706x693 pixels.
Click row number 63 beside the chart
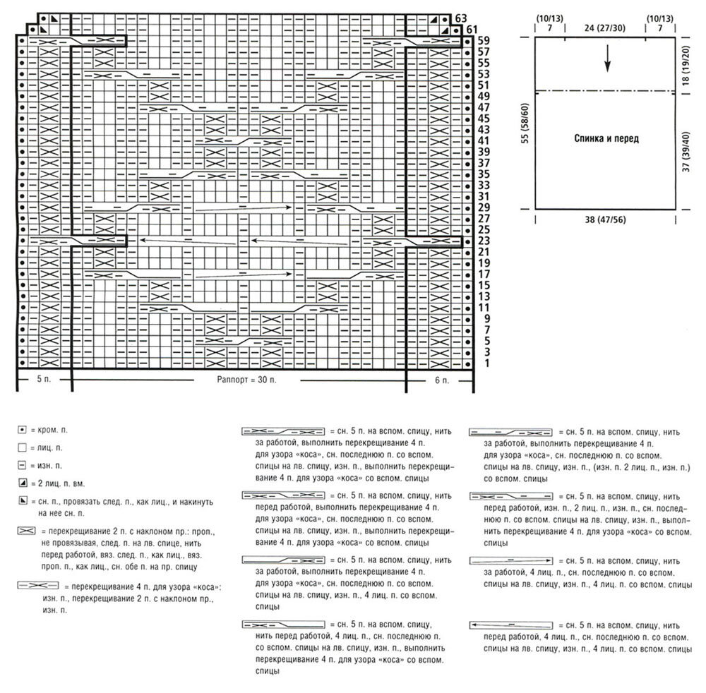tap(462, 18)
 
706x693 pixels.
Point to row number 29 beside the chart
tap(484, 207)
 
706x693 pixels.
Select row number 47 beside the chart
tap(484, 107)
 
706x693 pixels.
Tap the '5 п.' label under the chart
tap(43, 380)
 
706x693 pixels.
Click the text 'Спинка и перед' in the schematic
tap(606, 139)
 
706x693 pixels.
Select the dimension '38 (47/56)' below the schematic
tap(606, 219)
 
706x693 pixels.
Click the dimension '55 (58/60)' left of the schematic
tap(524, 121)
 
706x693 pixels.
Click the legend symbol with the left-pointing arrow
tap(509, 625)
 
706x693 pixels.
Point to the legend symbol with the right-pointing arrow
tap(509, 560)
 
